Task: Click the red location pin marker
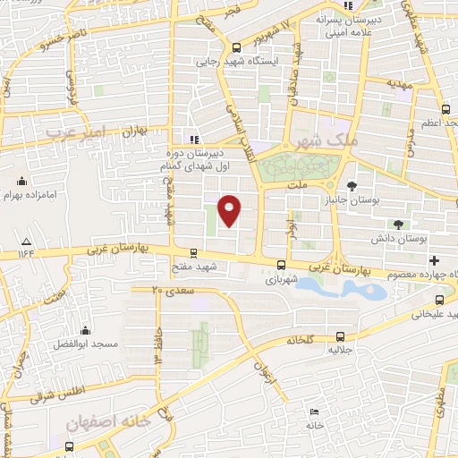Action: [x=230, y=210]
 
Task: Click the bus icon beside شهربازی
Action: [x=282, y=265]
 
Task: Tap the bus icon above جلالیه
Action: [x=339, y=336]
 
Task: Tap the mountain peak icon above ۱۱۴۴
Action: [x=27, y=242]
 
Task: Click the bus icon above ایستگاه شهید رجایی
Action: [x=235, y=48]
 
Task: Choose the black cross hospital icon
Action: [x=435, y=260]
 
